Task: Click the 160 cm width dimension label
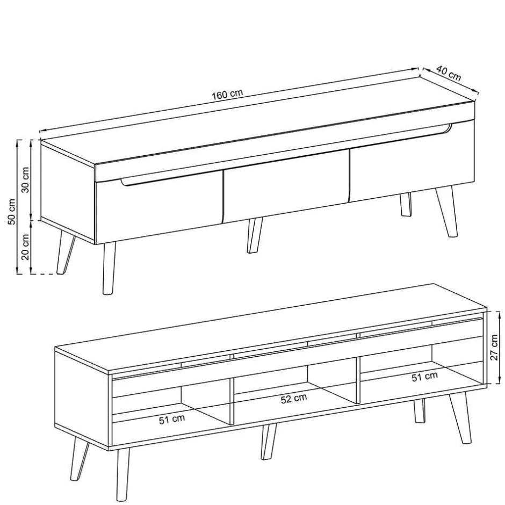[227, 95]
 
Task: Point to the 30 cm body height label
[25, 179]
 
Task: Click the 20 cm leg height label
[25, 247]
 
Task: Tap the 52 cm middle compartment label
[294, 399]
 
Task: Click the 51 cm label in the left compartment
[172, 420]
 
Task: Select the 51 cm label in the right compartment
[424, 377]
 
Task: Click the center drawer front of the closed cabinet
[285, 185]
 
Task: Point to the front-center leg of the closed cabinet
[254, 235]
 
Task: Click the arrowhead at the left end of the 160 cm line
[41, 131]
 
